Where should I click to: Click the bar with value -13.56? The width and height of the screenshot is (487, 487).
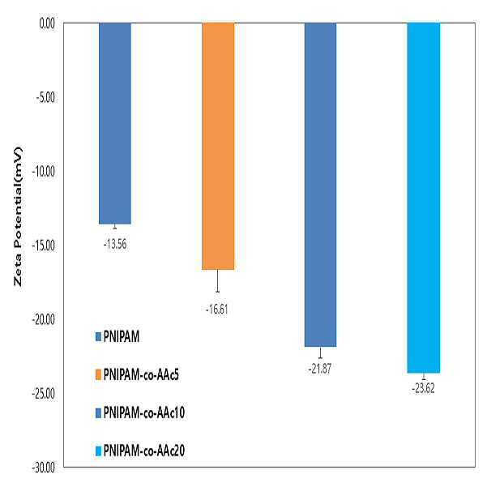click(115, 123)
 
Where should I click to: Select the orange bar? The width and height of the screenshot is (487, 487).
click(218, 146)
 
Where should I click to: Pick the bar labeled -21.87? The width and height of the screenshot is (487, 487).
click(321, 185)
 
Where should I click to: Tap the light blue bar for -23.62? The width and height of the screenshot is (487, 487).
click(424, 198)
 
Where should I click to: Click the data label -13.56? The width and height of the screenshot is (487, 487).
click(115, 245)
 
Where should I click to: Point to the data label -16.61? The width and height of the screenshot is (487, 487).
click(217, 310)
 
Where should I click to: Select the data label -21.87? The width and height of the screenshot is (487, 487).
click(320, 369)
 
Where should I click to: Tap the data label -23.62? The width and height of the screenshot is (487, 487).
click(423, 388)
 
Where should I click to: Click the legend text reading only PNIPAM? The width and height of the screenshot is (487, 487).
click(122, 336)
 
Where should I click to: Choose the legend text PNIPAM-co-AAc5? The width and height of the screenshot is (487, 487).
click(141, 374)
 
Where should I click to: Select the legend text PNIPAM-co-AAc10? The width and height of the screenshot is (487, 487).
click(144, 412)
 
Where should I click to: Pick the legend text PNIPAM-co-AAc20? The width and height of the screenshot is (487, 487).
click(144, 451)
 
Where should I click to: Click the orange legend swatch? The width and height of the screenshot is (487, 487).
click(98, 374)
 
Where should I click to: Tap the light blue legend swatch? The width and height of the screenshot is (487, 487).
click(98, 451)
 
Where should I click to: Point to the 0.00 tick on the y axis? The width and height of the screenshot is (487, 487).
click(47, 23)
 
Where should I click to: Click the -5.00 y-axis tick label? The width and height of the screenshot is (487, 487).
click(45, 97)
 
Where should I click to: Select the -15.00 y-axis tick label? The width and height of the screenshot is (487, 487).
click(44, 246)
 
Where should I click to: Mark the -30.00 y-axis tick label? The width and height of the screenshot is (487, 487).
click(44, 468)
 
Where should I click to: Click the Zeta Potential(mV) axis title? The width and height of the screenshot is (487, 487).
click(18, 216)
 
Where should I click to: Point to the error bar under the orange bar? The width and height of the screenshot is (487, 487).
click(218, 280)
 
